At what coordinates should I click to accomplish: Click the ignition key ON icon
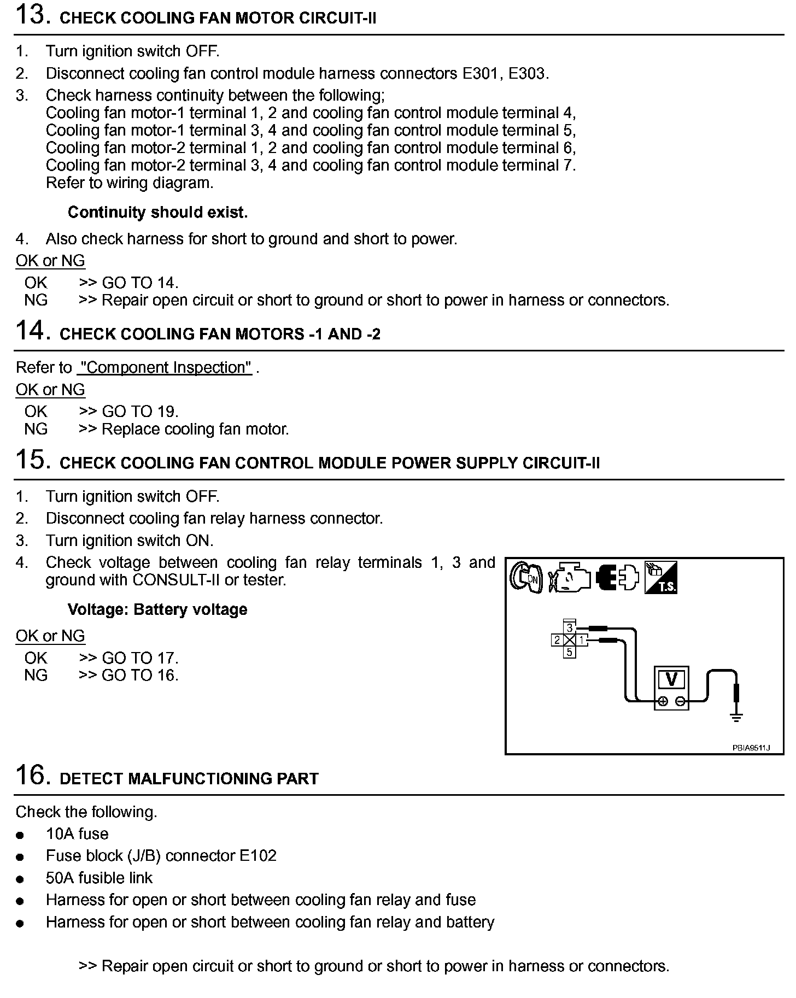[525, 577]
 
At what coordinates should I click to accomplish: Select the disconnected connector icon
[617, 577]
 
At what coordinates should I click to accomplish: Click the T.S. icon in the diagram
[660, 577]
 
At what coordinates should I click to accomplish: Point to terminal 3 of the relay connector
[570, 627]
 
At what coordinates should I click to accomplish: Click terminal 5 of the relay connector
[570, 652]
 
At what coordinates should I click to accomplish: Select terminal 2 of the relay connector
[557, 640]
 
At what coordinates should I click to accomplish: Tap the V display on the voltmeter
[671, 679]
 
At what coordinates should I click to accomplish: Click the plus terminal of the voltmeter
[663, 701]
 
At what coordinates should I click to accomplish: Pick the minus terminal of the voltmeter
[680, 701]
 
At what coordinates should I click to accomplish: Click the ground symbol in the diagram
[736, 718]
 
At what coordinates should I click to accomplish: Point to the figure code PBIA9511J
[751, 748]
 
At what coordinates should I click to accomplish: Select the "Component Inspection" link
[165, 367]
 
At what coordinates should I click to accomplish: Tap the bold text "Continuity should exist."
[157, 212]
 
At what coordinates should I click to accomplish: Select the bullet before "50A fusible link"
[21, 879]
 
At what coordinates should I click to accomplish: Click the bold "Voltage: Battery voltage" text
[157, 609]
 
